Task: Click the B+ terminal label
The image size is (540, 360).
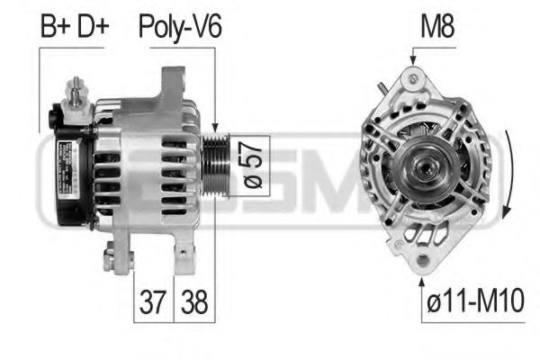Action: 57,26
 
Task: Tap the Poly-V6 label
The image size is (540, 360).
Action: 179,26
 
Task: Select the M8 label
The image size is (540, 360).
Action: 437,26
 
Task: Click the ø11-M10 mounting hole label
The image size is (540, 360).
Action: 473,301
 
